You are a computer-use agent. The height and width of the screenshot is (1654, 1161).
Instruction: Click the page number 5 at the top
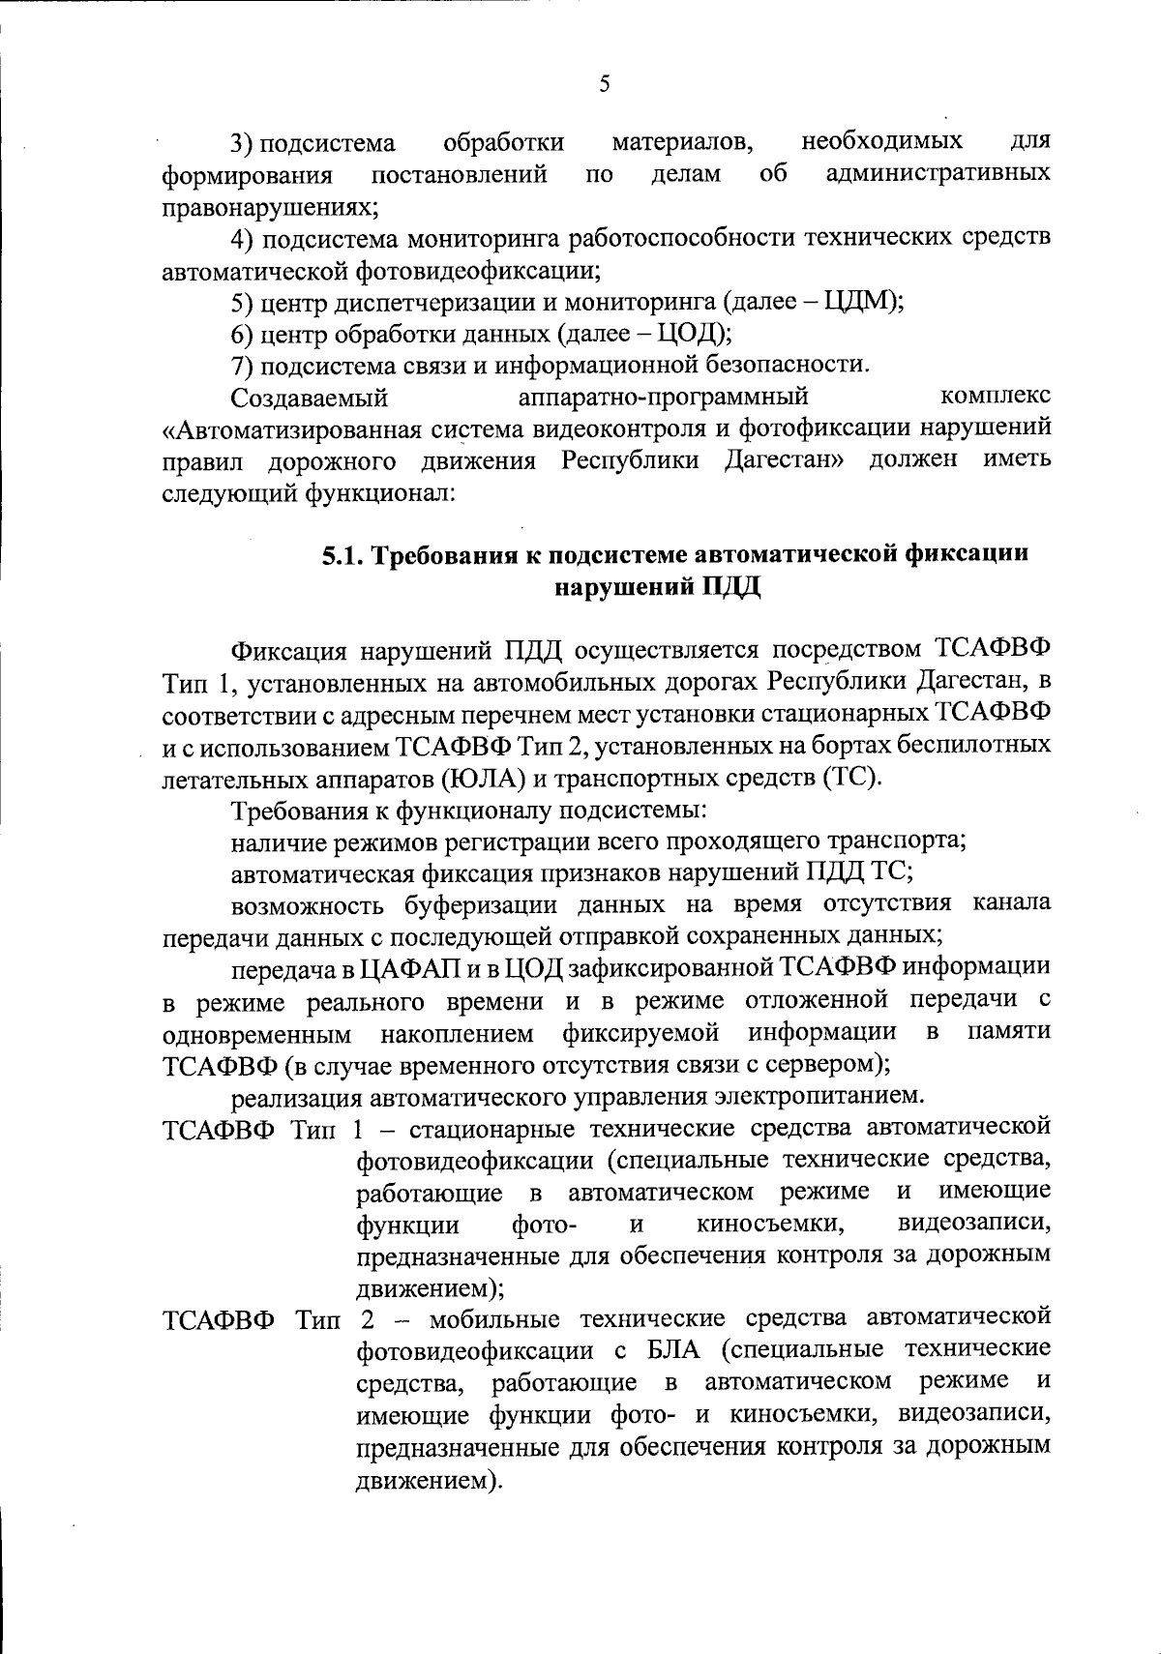pos(605,84)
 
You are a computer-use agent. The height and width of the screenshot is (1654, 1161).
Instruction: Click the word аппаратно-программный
pos(663,397)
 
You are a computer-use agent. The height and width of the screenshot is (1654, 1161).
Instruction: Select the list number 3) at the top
pos(243,144)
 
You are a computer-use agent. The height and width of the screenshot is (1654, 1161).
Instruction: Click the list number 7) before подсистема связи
pos(243,365)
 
